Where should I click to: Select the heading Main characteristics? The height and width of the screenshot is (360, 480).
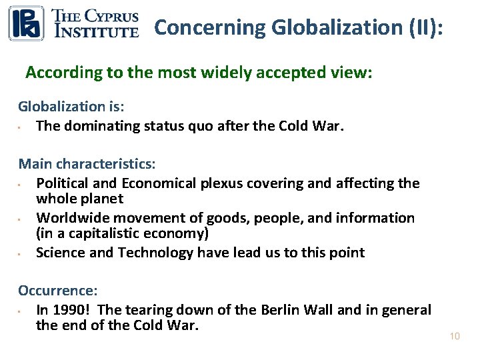[87, 163]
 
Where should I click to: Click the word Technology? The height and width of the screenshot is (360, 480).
[155, 252]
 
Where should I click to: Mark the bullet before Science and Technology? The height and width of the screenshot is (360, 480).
[21, 253]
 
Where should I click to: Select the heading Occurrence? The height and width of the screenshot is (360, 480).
[58, 291]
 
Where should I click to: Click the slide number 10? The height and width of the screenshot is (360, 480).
[455, 337]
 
